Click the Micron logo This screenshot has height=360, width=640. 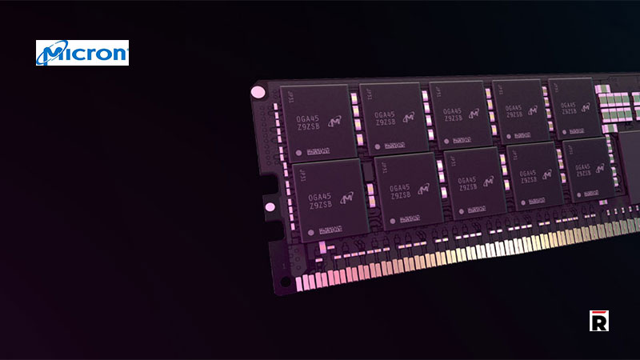point(82,53)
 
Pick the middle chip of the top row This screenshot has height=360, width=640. point(459,114)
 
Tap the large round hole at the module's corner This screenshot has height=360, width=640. point(258,92)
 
